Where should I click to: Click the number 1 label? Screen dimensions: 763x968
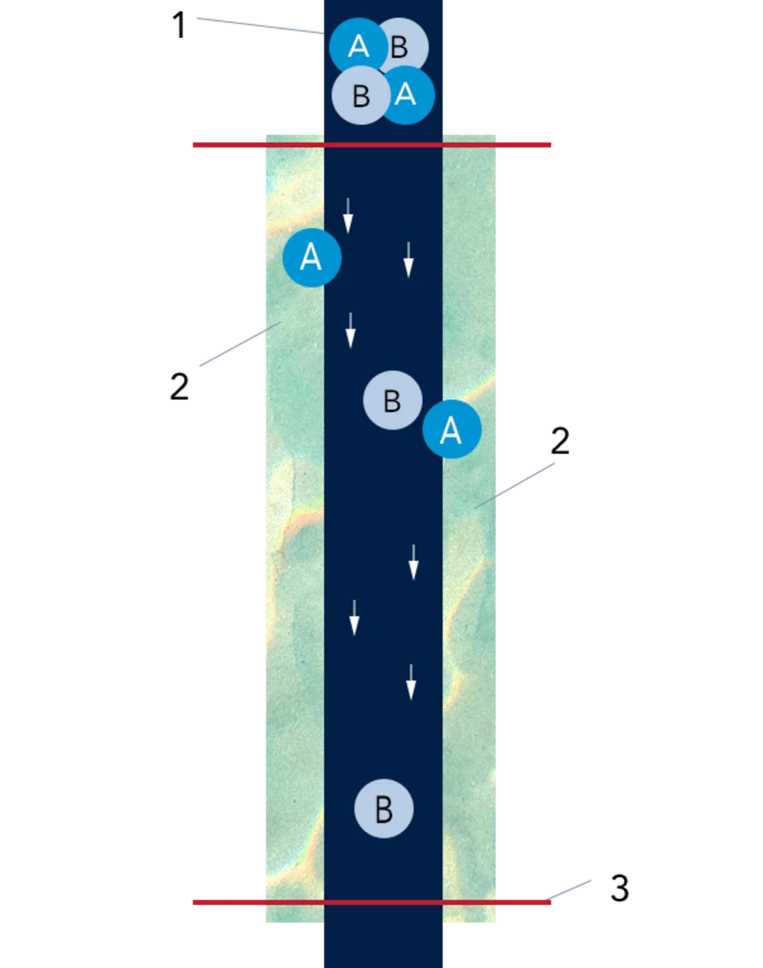[x=179, y=25]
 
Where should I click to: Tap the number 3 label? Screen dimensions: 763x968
[x=619, y=888]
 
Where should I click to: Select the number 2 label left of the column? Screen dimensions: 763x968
[x=179, y=387]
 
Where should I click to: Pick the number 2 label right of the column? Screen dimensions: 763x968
[x=560, y=441]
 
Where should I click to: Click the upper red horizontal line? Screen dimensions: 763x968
[x=372, y=145]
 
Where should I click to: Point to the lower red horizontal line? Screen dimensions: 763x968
[x=372, y=903]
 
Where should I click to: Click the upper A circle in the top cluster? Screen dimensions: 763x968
[x=359, y=47]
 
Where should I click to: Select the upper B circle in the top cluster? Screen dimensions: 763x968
[x=400, y=47]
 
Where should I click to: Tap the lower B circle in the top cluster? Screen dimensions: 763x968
[x=361, y=95]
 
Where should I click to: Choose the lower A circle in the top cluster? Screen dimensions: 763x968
[x=406, y=95]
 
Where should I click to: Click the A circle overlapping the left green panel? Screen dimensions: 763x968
[x=312, y=258]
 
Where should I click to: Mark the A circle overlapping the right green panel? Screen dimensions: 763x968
[x=452, y=429]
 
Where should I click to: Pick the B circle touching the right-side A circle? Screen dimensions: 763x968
[x=392, y=400]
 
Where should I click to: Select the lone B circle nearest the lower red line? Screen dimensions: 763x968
[x=384, y=808]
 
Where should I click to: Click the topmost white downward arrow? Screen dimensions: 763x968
[x=348, y=216]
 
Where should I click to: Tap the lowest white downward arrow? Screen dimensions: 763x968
[x=411, y=683]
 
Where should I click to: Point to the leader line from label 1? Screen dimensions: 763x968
[x=261, y=26]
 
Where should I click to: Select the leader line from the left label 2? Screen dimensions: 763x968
[x=241, y=344]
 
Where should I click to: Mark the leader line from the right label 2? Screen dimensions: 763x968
[x=514, y=486]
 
